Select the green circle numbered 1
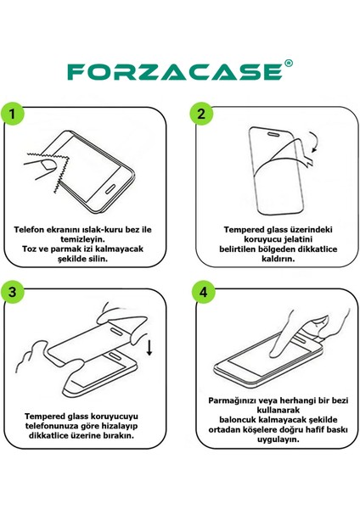13,114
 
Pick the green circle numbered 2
202,114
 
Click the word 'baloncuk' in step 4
231,419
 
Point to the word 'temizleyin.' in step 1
84,239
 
